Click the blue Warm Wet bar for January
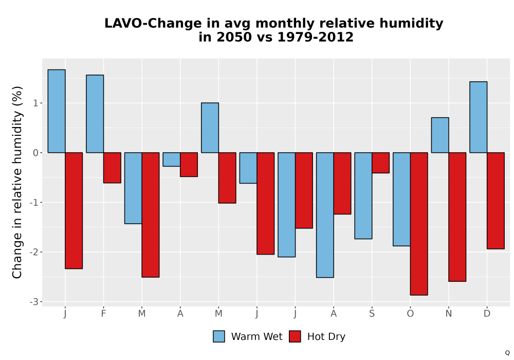click(57, 111)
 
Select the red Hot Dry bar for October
click(419, 224)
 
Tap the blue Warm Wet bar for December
click(478, 117)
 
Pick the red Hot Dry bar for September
click(380, 163)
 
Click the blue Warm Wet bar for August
click(325, 215)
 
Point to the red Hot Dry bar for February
click(112, 168)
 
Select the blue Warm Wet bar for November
click(440, 135)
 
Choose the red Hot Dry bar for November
click(457, 217)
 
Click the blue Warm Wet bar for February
click(95, 114)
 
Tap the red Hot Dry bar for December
click(495, 201)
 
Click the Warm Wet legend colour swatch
click(218, 336)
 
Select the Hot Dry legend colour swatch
click(295, 336)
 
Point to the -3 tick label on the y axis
click(34, 302)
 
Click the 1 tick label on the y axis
click(36, 103)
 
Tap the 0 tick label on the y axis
click(36, 153)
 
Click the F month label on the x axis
click(103, 314)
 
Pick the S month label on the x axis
click(372, 314)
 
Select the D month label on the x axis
click(487, 314)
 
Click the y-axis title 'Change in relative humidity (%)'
click(17, 182)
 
